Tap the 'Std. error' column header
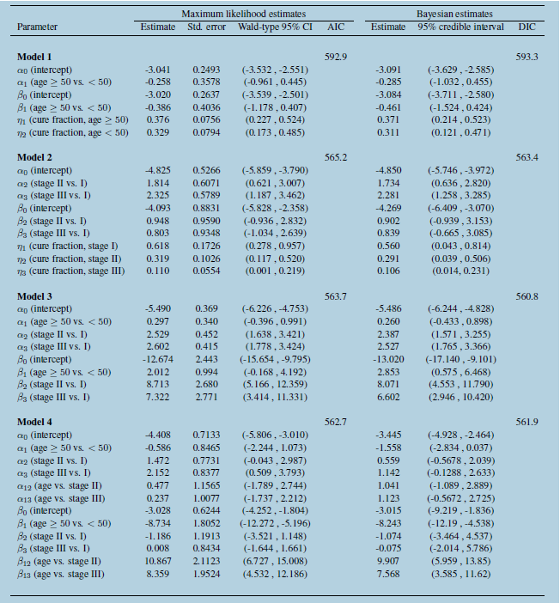coord(206,27)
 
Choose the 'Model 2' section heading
coord(35,158)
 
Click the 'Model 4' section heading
coord(35,422)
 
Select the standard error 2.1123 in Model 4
coord(206,560)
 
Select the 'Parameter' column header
coord(38,27)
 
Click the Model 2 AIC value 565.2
coord(337,158)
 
